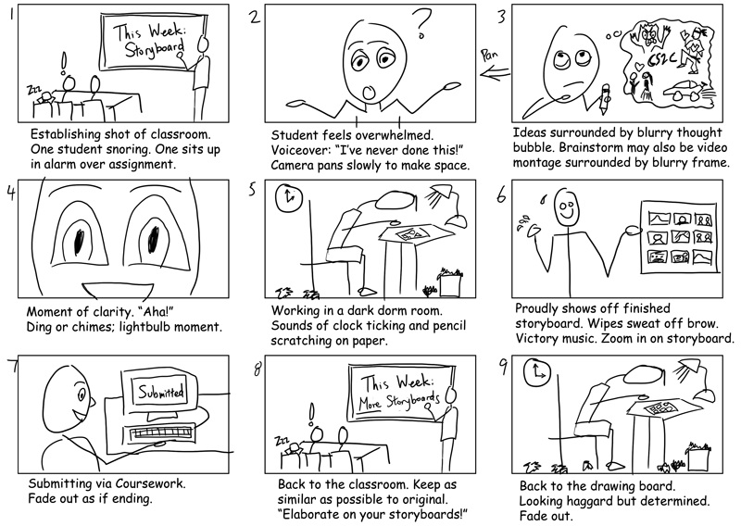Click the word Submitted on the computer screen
162,391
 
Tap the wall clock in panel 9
536,372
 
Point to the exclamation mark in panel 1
63,63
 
